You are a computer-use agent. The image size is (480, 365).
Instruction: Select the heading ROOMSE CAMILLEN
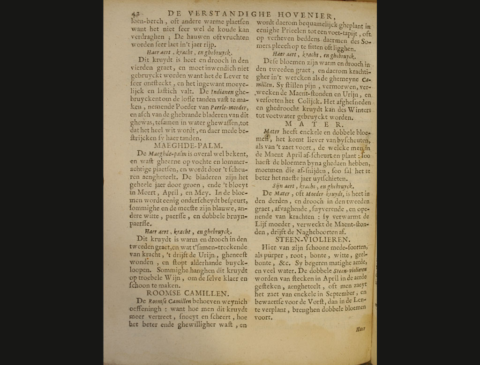[x=187, y=293]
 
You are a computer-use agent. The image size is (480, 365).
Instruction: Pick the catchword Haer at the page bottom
[x=360, y=329]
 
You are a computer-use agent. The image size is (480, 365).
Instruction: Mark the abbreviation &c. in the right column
[x=286, y=263]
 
